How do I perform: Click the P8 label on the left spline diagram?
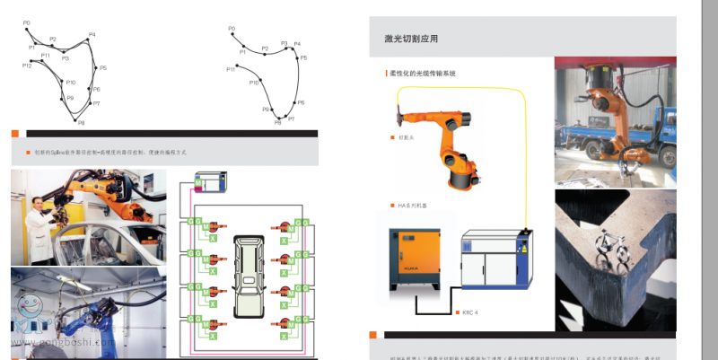[81, 122]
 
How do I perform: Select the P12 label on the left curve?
[26, 66]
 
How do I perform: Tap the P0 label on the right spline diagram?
[232, 29]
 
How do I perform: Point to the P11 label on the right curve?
[231, 68]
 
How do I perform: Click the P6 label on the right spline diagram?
[301, 102]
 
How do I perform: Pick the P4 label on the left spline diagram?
[92, 35]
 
